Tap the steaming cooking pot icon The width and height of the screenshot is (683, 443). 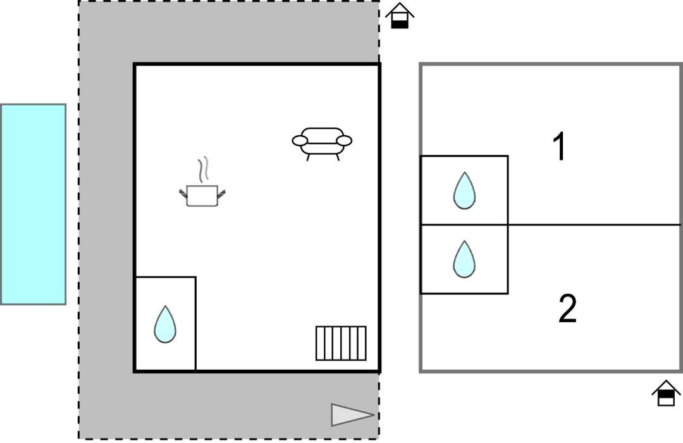pyautogui.click(x=202, y=195)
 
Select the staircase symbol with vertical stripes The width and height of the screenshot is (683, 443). pyautogui.click(x=341, y=343)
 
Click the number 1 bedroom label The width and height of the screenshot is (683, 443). pyautogui.click(x=559, y=147)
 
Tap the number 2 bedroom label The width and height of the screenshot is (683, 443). pyautogui.click(x=567, y=308)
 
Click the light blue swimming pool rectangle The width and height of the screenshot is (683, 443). pyautogui.click(x=33, y=204)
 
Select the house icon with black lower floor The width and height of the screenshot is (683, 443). pyautogui.click(x=400, y=16)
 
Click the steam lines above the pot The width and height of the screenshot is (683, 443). pyautogui.click(x=202, y=169)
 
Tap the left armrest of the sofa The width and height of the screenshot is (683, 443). pyautogui.click(x=300, y=140)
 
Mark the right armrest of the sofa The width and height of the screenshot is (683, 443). pyautogui.click(x=344, y=140)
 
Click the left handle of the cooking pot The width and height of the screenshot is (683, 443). pyautogui.click(x=183, y=193)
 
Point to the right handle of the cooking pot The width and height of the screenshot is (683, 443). pyautogui.click(x=221, y=193)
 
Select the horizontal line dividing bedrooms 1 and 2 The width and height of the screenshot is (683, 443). pyautogui.click(x=594, y=224)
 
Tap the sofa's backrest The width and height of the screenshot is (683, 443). pyautogui.click(x=322, y=133)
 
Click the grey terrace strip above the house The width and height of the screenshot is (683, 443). pyautogui.click(x=253, y=32)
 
